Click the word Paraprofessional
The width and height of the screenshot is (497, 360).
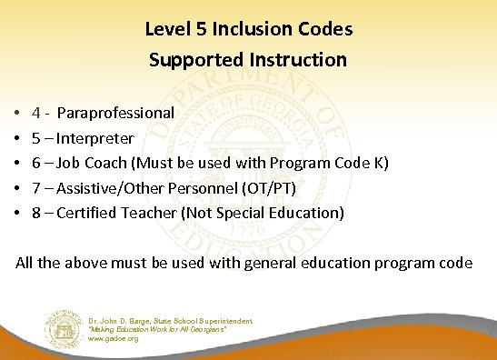116,114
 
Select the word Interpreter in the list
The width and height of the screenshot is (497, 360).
95,139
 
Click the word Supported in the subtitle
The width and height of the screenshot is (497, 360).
189,60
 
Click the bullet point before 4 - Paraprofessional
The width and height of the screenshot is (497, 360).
18,115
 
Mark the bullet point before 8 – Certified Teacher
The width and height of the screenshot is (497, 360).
18,214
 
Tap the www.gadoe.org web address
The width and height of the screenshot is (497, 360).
114,338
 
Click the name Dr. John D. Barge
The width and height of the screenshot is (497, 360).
123,320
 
